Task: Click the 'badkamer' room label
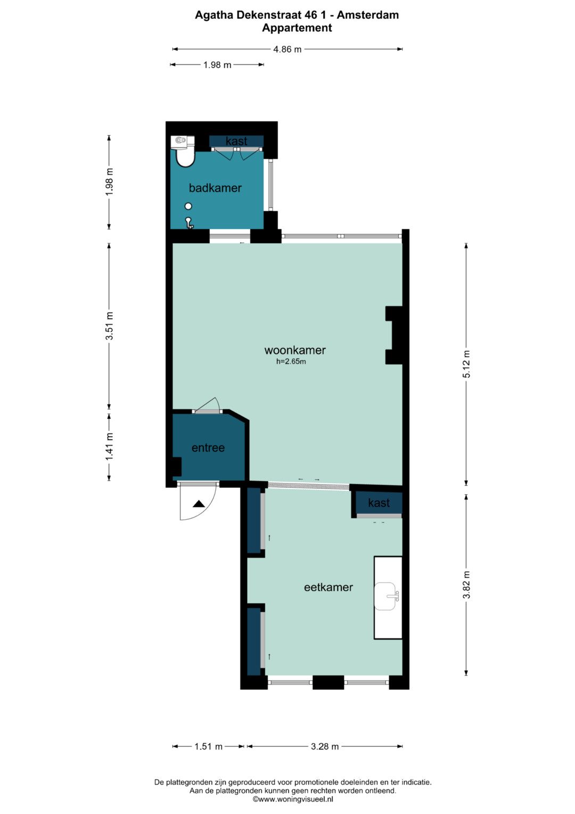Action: (x=215, y=188)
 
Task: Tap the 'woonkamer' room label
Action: (x=295, y=350)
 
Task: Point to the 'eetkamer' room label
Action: (x=328, y=587)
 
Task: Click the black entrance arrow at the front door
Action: (x=199, y=504)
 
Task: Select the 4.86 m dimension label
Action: (x=287, y=49)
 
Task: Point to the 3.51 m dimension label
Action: (x=109, y=326)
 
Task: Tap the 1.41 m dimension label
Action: (x=109, y=446)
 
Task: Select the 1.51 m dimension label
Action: (x=208, y=746)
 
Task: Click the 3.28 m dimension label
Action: (x=325, y=746)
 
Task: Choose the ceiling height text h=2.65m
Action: (x=291, y=361)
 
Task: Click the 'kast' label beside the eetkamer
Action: (x=379, y=503)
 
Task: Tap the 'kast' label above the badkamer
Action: (x=236, y=141)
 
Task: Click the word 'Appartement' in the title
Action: (x=297, y=28)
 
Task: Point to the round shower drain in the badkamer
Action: (x=188, y=206)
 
